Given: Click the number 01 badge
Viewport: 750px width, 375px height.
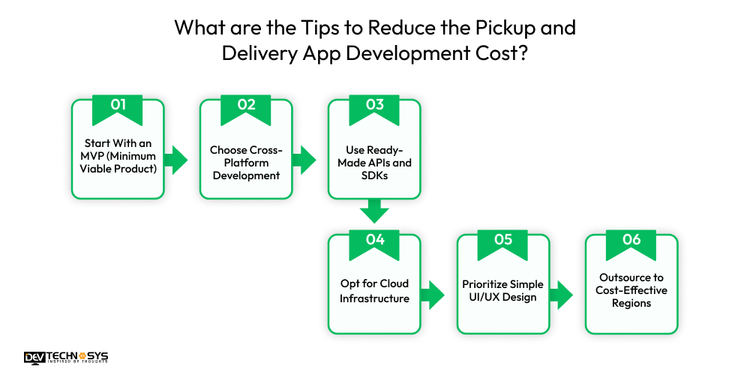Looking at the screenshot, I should click(x=118, y=106).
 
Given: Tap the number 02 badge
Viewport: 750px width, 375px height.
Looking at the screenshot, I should click(x=246, y=106).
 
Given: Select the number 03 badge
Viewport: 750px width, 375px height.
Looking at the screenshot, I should click(x=374, y=106).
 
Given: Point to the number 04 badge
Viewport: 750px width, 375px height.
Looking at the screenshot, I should click(x=374, y=241).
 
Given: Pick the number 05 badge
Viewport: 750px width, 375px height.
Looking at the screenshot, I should click(x=502, y=241).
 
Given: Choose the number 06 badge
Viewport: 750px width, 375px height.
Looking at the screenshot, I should click(x=631, y=241).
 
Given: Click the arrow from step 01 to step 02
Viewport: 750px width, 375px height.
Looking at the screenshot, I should click(x=176, y=159).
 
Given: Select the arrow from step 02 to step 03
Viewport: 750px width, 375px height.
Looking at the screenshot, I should click(x=304, y=159).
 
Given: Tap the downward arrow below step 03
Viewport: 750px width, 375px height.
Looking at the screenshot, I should click(x=374, y=211).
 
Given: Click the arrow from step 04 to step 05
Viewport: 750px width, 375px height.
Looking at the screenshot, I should click(x=433, y=294).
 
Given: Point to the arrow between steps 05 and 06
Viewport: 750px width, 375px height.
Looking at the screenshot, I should click(x=561, y=294).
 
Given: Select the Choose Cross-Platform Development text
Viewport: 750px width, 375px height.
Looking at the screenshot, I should click(x=246, y=163).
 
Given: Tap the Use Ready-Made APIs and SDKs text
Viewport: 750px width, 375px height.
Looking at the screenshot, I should click(x=374, y=163).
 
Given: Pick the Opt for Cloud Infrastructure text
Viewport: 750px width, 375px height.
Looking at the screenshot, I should click(x=374, y=291).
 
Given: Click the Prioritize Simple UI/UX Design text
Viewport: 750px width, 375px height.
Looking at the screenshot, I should click(x=502, y=291).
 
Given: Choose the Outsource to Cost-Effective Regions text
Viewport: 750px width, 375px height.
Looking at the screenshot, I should click(x=631, y=290).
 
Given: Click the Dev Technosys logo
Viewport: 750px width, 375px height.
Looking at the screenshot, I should click(x=66, y=358).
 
